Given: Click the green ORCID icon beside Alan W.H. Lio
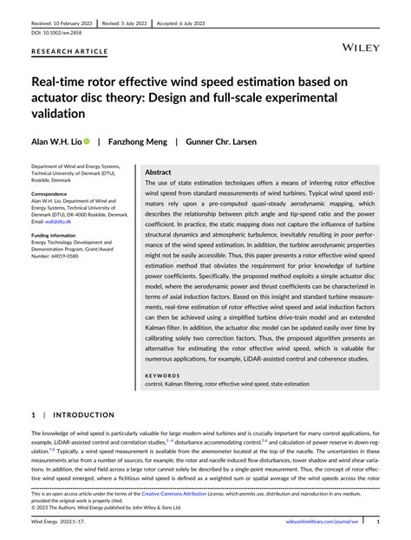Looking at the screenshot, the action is point(87,140).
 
